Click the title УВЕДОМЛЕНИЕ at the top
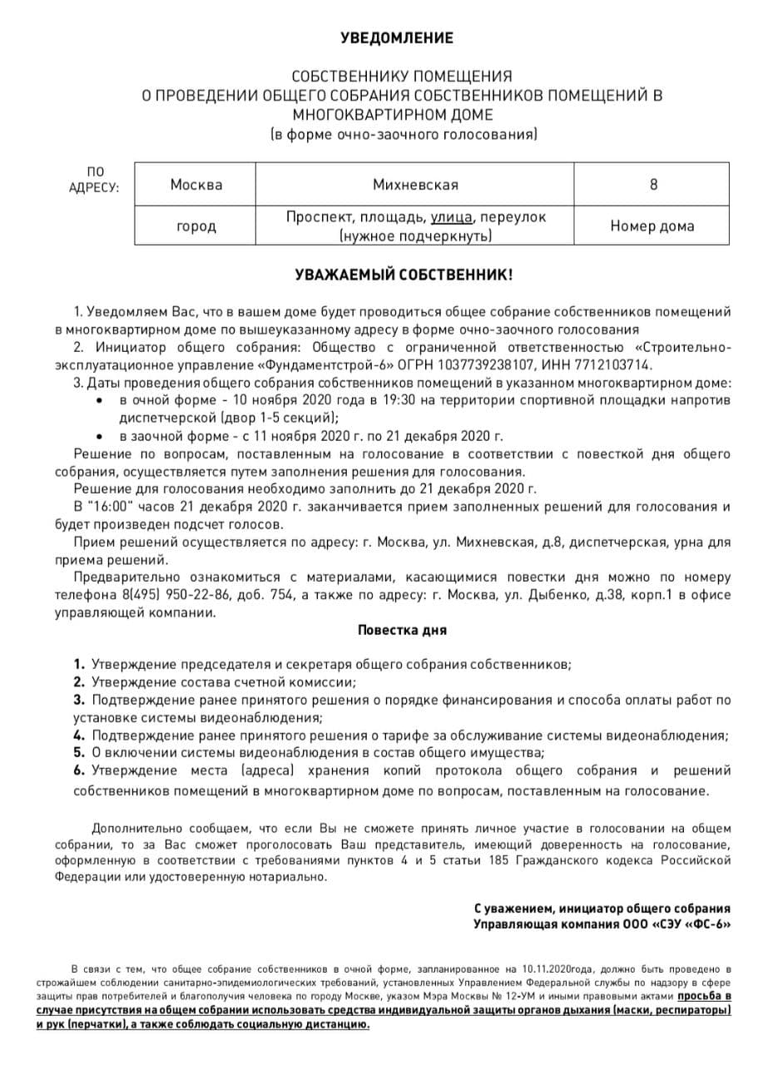[x=397, y=38]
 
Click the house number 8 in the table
[x=653, y=184]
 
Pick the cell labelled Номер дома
[x=652, y=225]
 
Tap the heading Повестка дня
[x=402, y=630]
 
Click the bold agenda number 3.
[x=79, y=700]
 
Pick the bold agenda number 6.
[x=79, y=771]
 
